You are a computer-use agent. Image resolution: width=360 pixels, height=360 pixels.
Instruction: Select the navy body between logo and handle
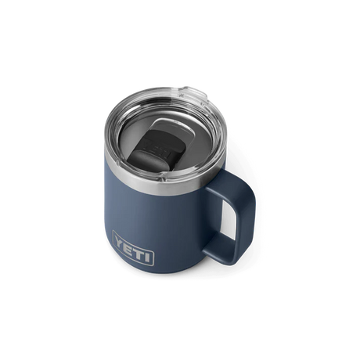point(188,250)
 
